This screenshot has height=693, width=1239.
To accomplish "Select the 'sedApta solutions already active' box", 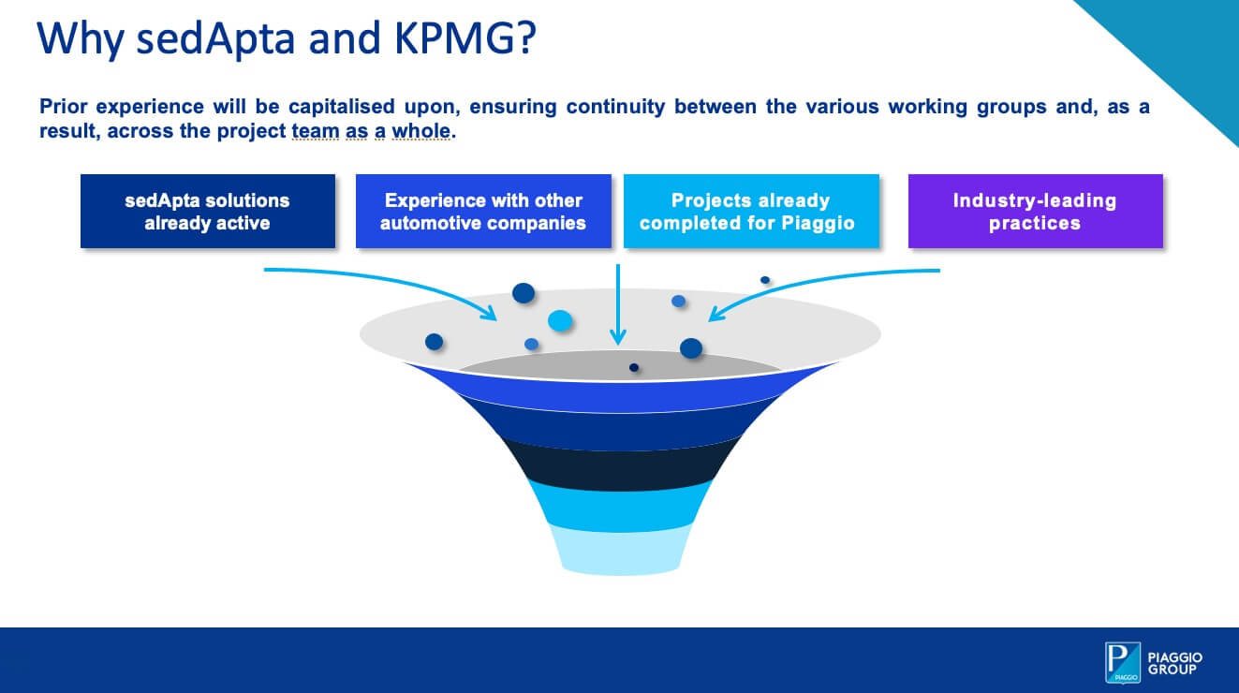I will point(207,212).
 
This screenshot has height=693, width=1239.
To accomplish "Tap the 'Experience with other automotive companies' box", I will point(483,212).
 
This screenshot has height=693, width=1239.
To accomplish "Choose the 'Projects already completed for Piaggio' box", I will point(751,212).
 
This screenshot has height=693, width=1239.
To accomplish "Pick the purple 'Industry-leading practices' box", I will point(1035,212).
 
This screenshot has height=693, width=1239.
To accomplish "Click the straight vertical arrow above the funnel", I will point(617,304).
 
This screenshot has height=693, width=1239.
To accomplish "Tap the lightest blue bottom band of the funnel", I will point(620,550).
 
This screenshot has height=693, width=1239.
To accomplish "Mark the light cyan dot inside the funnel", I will point(560,321).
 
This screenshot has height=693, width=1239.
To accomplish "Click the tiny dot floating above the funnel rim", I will point(765,280).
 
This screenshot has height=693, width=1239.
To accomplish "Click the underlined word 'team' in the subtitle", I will point(315,131).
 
